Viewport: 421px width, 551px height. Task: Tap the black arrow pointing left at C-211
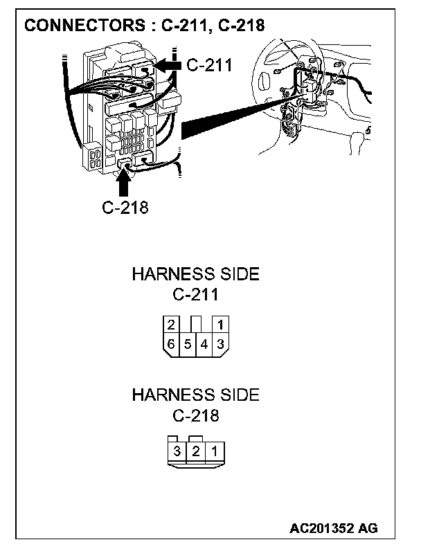[x=167, y=64]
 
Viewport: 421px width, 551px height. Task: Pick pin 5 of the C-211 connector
[x=188, y=343]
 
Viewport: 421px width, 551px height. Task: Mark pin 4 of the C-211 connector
[x=204, y=343]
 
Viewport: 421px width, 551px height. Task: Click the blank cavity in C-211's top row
[x=196, y=323]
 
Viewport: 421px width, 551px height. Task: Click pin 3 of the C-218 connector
[x=177, y=452]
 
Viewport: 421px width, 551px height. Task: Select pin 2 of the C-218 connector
[x=196, y=452]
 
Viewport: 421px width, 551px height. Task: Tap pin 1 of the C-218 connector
[x=214, y=452]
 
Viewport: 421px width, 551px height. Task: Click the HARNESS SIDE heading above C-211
[x=195, y=274]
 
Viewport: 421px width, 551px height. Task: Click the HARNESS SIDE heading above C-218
[x=195, y=395]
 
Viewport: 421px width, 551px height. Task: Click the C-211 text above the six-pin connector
[x=195, y=295]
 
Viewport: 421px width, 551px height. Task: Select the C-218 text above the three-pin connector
[x=195, y=416]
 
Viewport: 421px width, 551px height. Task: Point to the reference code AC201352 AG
[x=334, y=528]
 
